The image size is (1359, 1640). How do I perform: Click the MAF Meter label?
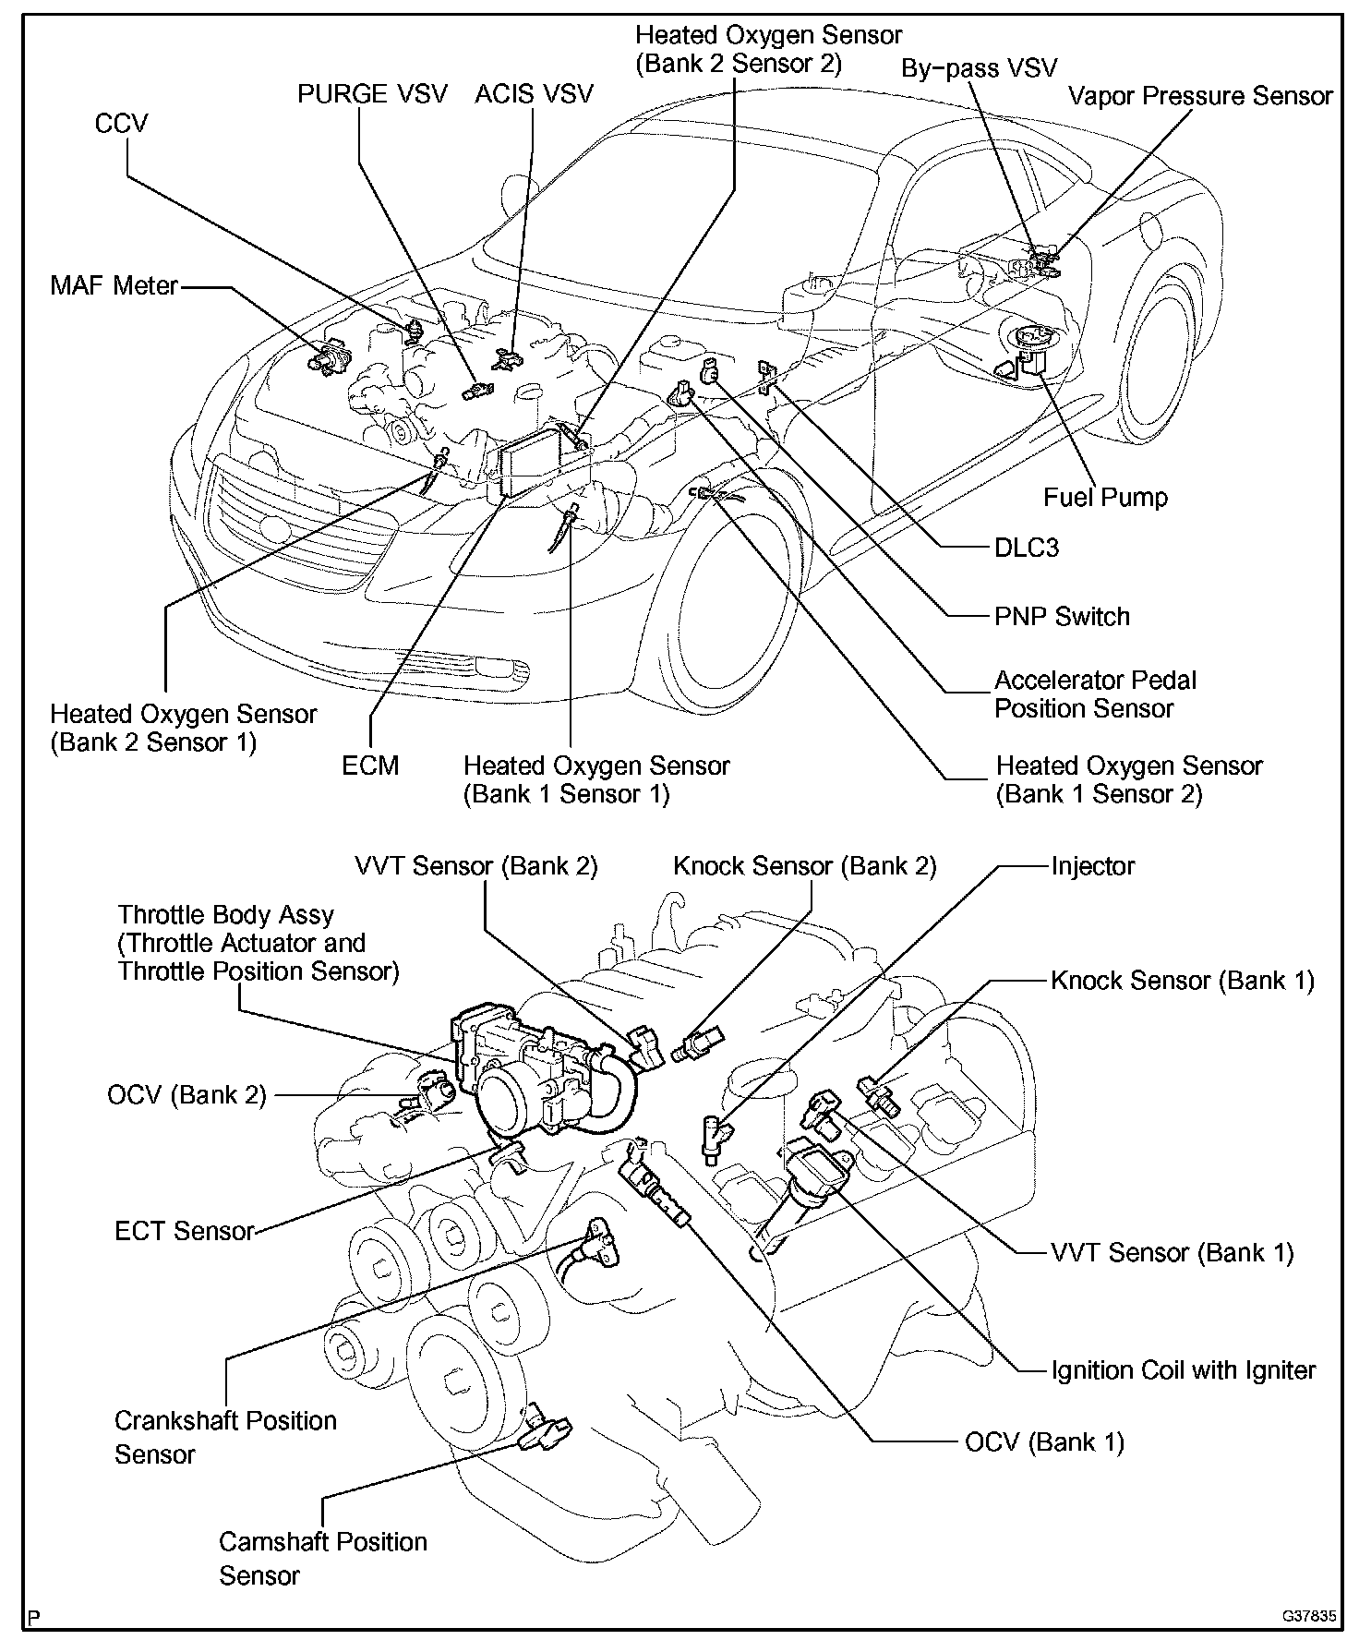(x=114, y=285)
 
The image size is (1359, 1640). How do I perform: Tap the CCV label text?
(x=121, y=124)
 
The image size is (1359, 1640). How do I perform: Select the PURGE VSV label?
(x=372, y=93)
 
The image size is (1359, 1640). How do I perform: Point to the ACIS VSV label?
(x=535, y=93)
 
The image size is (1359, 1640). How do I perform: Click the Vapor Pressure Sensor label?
(x=1200, y=96)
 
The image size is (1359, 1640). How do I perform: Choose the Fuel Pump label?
(x=1105, y=497)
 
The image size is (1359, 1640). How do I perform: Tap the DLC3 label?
(x=1026, y=548)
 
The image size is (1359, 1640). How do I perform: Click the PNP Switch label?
(x=1062, y=616)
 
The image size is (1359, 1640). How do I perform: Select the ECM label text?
(x=370, y=766)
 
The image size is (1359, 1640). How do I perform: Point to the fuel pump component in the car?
(x=1029, y=351)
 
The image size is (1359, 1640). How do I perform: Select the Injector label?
(x=1092, y=866)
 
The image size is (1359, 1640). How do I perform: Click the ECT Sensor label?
(x=184, y=1231)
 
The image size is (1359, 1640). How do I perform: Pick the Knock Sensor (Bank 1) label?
(x=1182, y=980)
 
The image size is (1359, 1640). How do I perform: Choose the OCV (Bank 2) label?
(x=186, y=1095)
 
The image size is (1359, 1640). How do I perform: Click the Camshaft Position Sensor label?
(x=322, y=1558)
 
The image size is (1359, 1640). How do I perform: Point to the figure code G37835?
(x=1308, y=1616)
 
